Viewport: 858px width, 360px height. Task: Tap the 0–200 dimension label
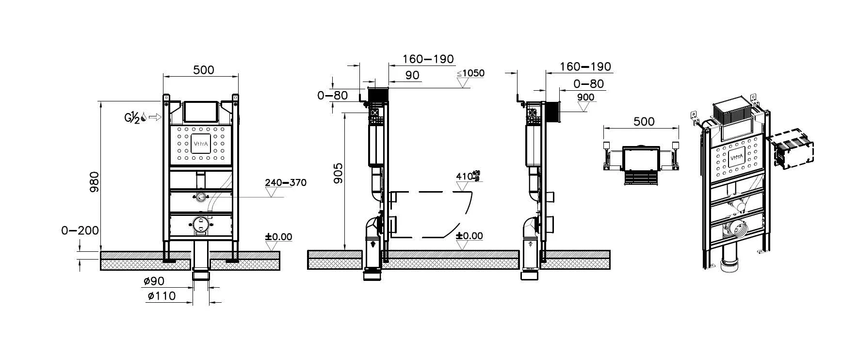[80, 230]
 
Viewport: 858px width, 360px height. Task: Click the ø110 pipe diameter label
[162, 295]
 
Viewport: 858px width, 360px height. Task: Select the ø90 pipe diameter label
[154, 281]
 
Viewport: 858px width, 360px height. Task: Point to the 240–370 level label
[285, 182]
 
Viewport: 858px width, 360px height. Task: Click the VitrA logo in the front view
[202, 144]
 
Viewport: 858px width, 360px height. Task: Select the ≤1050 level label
[470, 73]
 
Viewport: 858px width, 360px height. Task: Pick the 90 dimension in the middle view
[412, 75]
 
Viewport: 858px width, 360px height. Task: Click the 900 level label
[586, 98]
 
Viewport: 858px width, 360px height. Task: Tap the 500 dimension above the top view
[644, 121]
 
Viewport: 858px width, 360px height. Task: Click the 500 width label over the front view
[203, 70]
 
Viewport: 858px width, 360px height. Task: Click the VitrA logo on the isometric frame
[736, 158]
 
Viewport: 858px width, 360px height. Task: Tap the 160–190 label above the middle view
[428, 59]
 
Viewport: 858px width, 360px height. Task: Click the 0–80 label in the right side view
[588, 84]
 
